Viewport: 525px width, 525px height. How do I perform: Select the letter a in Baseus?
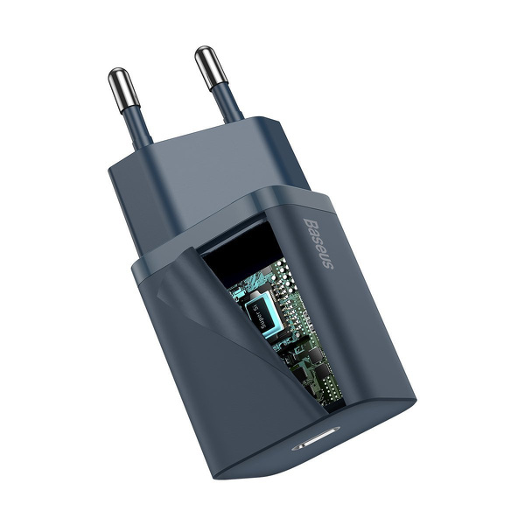[x=315, y=229]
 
